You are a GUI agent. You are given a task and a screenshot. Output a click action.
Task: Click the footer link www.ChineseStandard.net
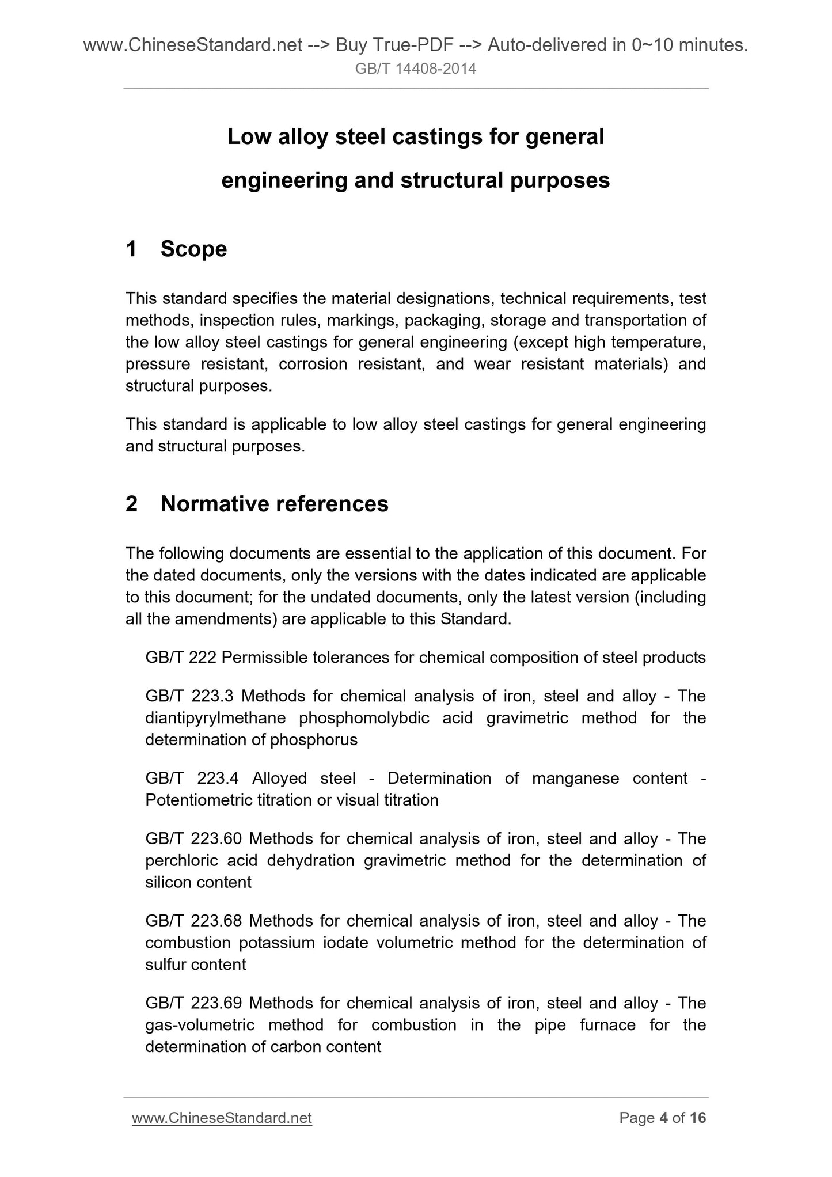click(x=222, y=1118)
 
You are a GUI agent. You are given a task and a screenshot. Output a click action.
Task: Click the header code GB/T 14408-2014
click(x=416, y=69)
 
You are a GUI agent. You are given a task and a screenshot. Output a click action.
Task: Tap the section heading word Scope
click(x=193, y=249)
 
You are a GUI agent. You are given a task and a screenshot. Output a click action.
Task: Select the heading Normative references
click(x=274, y=504)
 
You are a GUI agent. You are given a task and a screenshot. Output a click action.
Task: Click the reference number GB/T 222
click(x=181, y=658)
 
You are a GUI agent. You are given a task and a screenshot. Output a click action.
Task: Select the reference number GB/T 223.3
click(x=189, y=696)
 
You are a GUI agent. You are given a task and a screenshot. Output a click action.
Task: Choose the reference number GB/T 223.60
click(x=193, y=838)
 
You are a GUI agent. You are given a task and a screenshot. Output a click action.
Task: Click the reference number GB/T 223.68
click(x=193, y=921)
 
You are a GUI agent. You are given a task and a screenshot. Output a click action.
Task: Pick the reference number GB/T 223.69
click(x=193, y=1003)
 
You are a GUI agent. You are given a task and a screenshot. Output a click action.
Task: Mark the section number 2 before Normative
click(x=132, y=504)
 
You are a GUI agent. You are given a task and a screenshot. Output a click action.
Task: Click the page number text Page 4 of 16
click(x=662, y=1118)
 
